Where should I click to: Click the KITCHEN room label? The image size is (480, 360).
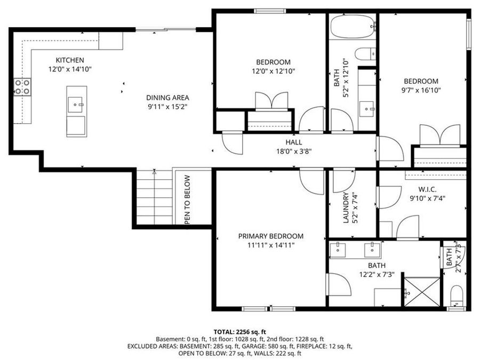(x=70, y=60)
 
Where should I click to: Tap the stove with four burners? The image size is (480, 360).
(x=22, y=86)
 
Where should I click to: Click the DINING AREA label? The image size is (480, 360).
(x=168, y=98)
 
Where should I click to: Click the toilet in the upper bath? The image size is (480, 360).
(x=365, y=54)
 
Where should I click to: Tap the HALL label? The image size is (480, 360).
(x=293, y=142)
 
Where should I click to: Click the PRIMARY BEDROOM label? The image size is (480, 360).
(x=271, y=236)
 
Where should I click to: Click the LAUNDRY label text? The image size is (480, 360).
(x=346, y=207)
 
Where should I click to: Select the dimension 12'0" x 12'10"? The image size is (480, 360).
(x=274, y=71)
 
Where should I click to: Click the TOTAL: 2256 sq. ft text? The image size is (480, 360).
(x=239, y=331)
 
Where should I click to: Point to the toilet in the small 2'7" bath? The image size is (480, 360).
(x=457, y=294)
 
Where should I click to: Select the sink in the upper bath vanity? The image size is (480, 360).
(x=366, y=109)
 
